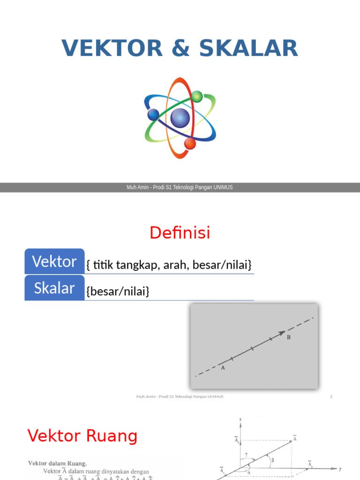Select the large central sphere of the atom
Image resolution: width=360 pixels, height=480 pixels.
pos(180,118)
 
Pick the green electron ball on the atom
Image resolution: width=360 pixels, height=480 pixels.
pos(197,97)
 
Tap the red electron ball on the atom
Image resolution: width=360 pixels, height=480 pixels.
pos(190,143)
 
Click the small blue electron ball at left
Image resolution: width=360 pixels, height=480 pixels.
pos(153,114)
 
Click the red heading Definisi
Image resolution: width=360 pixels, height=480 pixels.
pos(180,232)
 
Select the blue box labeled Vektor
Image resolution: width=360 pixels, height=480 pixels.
pos(54,262)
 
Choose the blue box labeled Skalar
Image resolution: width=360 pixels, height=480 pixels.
pos(54,288)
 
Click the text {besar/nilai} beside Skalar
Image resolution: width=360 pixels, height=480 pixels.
pos(118,292)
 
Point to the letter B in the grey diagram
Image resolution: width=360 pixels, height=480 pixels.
pos(289,337)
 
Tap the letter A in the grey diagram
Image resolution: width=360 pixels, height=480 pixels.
pos(223,368)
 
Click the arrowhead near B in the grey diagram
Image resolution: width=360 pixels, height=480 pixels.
pos(282,333)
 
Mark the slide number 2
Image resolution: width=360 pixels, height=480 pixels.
pos(331,397)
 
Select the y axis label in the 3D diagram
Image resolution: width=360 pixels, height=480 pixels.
pos(340,468)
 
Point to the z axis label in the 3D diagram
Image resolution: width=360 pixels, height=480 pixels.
pos(240,418)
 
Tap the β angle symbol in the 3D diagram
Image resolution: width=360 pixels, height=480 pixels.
pos(273,460)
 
